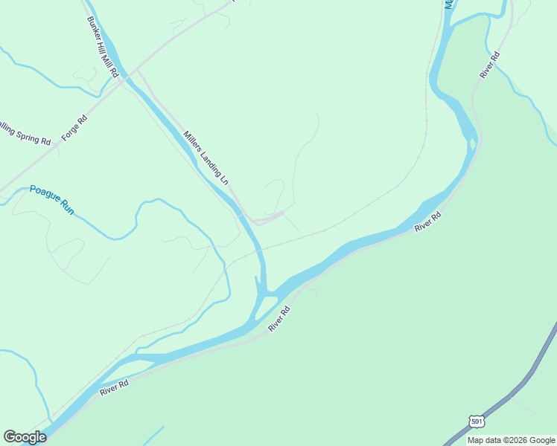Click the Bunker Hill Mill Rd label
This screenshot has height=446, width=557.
tap(103, 48)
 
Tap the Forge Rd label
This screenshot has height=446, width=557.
tap(74, 128)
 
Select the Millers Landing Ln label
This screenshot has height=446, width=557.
tap(206, 158)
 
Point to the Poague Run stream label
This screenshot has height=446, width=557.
tap(52, 199)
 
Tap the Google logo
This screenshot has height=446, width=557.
tap(25, 437)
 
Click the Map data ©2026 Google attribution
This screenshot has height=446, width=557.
tap(511, 440)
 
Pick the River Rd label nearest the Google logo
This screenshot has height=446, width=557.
tap(114, 387)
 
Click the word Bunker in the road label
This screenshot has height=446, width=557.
tap(93, 28)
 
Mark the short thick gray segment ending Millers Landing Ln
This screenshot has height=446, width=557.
tap(269, 218)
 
